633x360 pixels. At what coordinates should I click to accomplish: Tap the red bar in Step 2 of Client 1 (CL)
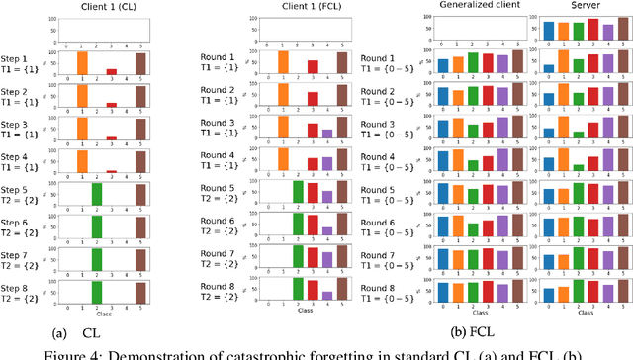[111, 103]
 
